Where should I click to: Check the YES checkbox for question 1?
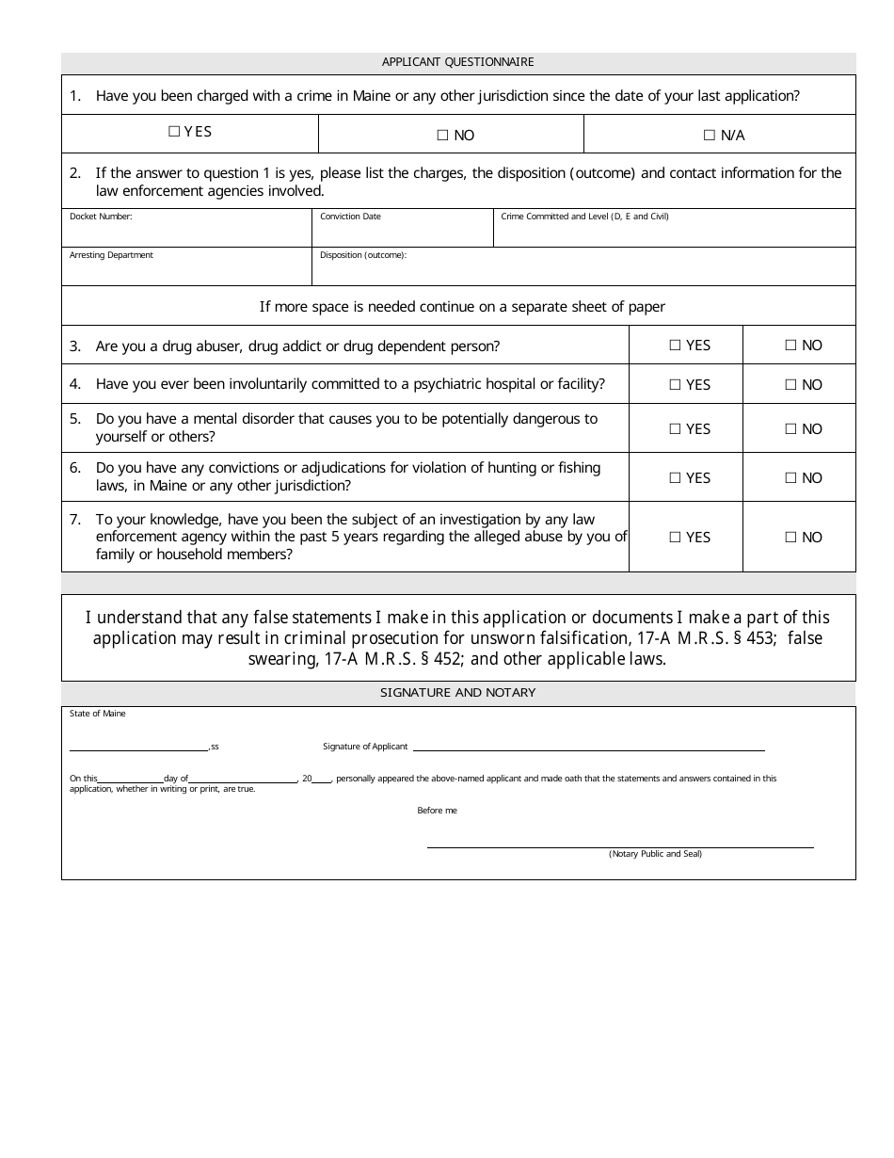pyautogui.click(x=174, y=132)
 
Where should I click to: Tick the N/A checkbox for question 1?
pyautogui.click(x=710, y=136)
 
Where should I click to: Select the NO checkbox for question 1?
pyautogui.click(x=442, y=136)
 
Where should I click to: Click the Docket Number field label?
pyautogui.click(x=101, y=217)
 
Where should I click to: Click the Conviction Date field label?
pyautogui.click(x=350, y=217)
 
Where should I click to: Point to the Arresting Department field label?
pyautogui.click(x=111, y=255)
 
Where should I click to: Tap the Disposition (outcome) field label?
pyautogui.click(x=363, y=255)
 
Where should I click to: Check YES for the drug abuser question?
pyautogui.click(x=675, y=346)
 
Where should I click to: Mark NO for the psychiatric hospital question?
pyautogui.click(x=790, y=385)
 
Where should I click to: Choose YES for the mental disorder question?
pyautogui.click(x=675, y=429)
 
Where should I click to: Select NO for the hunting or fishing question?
pyautogui.click(x=790, y=478)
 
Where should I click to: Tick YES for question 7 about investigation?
pyautogui.click(x=675, y=538)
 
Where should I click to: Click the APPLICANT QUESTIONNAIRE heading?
pyautogui.click(x=458, y=62)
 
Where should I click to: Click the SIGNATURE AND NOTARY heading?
pyautogui.click(x=458, y=693)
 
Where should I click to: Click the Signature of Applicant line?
pyautogui.click(x=588, y=748)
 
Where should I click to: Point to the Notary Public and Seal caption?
pyautogui.click(x=655, y=854)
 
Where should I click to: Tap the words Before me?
pyautogui.click(x=437, y=811)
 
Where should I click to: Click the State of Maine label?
pyautogui.click(x=97, y=714)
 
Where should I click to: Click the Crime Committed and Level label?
pyautogui.click(x=584, y=217)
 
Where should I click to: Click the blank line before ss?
pyautogui.click(x=139, y=748)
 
